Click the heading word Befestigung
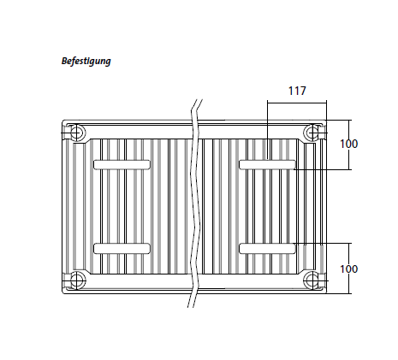click(x=86, y=62)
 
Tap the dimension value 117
click(x=296, y=90)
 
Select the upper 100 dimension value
click(x=348, y=144)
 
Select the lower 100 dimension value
click(x=348, y=269)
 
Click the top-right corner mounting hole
click(x=313, y=133)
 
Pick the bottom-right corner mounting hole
click(x=313, y=279)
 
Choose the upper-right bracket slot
click(x=267, y=164)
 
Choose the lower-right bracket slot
click(x=267, y=248)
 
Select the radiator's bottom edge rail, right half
click(x=257, y=289)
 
